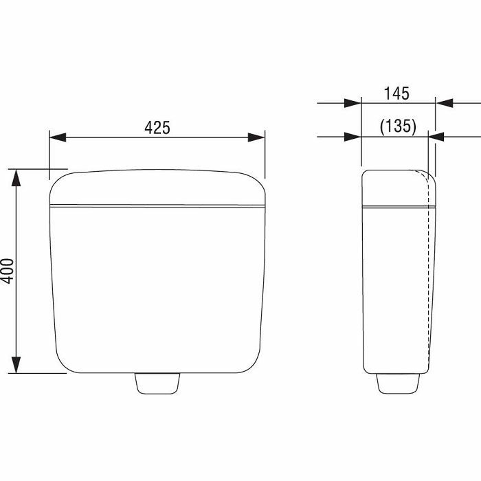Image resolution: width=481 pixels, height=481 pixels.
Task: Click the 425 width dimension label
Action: [x=157, y=127]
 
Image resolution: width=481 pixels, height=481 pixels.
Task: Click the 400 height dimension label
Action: [x=7, y=271]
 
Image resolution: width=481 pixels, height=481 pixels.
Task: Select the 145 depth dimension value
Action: [x=396, y=93]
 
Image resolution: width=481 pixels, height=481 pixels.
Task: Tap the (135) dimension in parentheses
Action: [x=398, y=126]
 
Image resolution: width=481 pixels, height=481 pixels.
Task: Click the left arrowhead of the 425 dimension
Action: [x=58, y=137]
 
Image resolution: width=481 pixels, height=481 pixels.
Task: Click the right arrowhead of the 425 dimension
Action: [x=256, y=137]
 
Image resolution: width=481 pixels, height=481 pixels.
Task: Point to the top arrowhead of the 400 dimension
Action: [x=16, y=178]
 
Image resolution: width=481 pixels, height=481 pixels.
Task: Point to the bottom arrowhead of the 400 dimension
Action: [x=16, y=365]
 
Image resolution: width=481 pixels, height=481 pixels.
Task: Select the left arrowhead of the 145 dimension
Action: [x=353, y=103]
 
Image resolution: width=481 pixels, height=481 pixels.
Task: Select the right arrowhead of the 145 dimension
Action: [x=445, y=103]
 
